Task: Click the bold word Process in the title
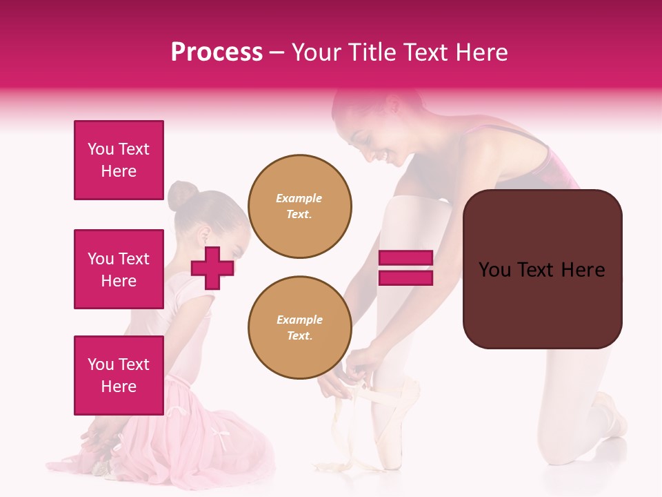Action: [x=217, y=52]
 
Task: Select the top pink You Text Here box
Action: [x=119, y=160]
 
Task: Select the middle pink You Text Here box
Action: [x=119, y=269]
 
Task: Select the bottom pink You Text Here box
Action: [x=119, y=376]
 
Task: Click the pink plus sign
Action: [x=212, y=268]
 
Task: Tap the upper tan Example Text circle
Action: [x=300, y=206]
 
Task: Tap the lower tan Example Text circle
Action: [x=300, y=328]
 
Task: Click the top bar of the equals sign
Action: [x=406, y=258]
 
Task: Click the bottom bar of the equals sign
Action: [x=406, y=277]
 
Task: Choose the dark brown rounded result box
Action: [x=542, y=269]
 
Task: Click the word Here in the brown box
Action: [x=583, y=270]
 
